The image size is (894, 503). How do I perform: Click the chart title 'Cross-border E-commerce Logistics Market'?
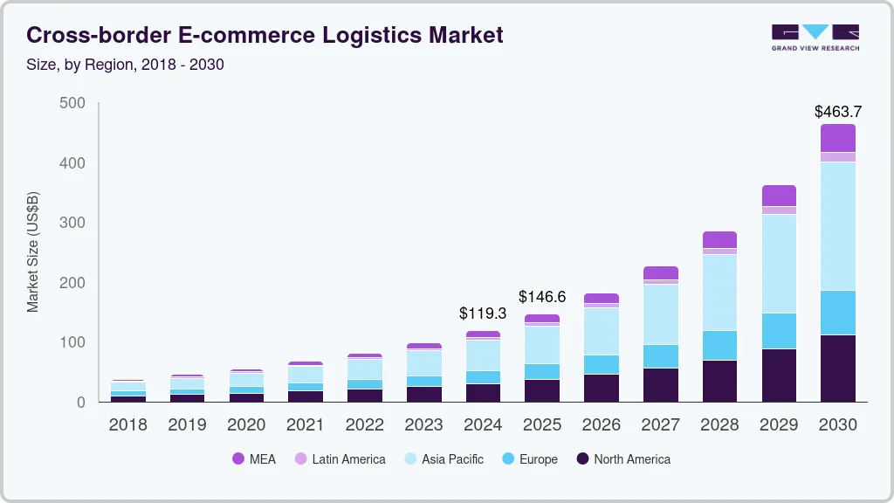click(265, 35)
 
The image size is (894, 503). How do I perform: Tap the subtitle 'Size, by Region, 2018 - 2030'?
click(125, 65)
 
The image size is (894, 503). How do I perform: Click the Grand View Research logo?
click(815, 37)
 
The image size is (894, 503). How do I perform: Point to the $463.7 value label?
click(837, 111)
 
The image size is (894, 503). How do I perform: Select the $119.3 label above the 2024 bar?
click(483, 313)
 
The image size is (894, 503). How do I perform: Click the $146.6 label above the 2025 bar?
click(542, 297)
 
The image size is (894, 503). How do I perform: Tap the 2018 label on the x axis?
click(127, 424)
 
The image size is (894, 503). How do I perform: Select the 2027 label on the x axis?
click(661, 424)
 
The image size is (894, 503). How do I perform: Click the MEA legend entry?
click(254, 458)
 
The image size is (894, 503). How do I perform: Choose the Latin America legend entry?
click(340, 458)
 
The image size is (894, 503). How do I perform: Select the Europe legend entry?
click(529, 458)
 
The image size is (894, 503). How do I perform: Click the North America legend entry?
click(622, 458)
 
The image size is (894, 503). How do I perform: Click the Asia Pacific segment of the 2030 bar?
click(838, 226)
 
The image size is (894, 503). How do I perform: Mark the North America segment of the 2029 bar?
click(779, 376)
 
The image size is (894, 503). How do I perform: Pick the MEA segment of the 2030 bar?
click(838, 138)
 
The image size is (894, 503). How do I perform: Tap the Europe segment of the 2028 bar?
click(719, 345)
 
